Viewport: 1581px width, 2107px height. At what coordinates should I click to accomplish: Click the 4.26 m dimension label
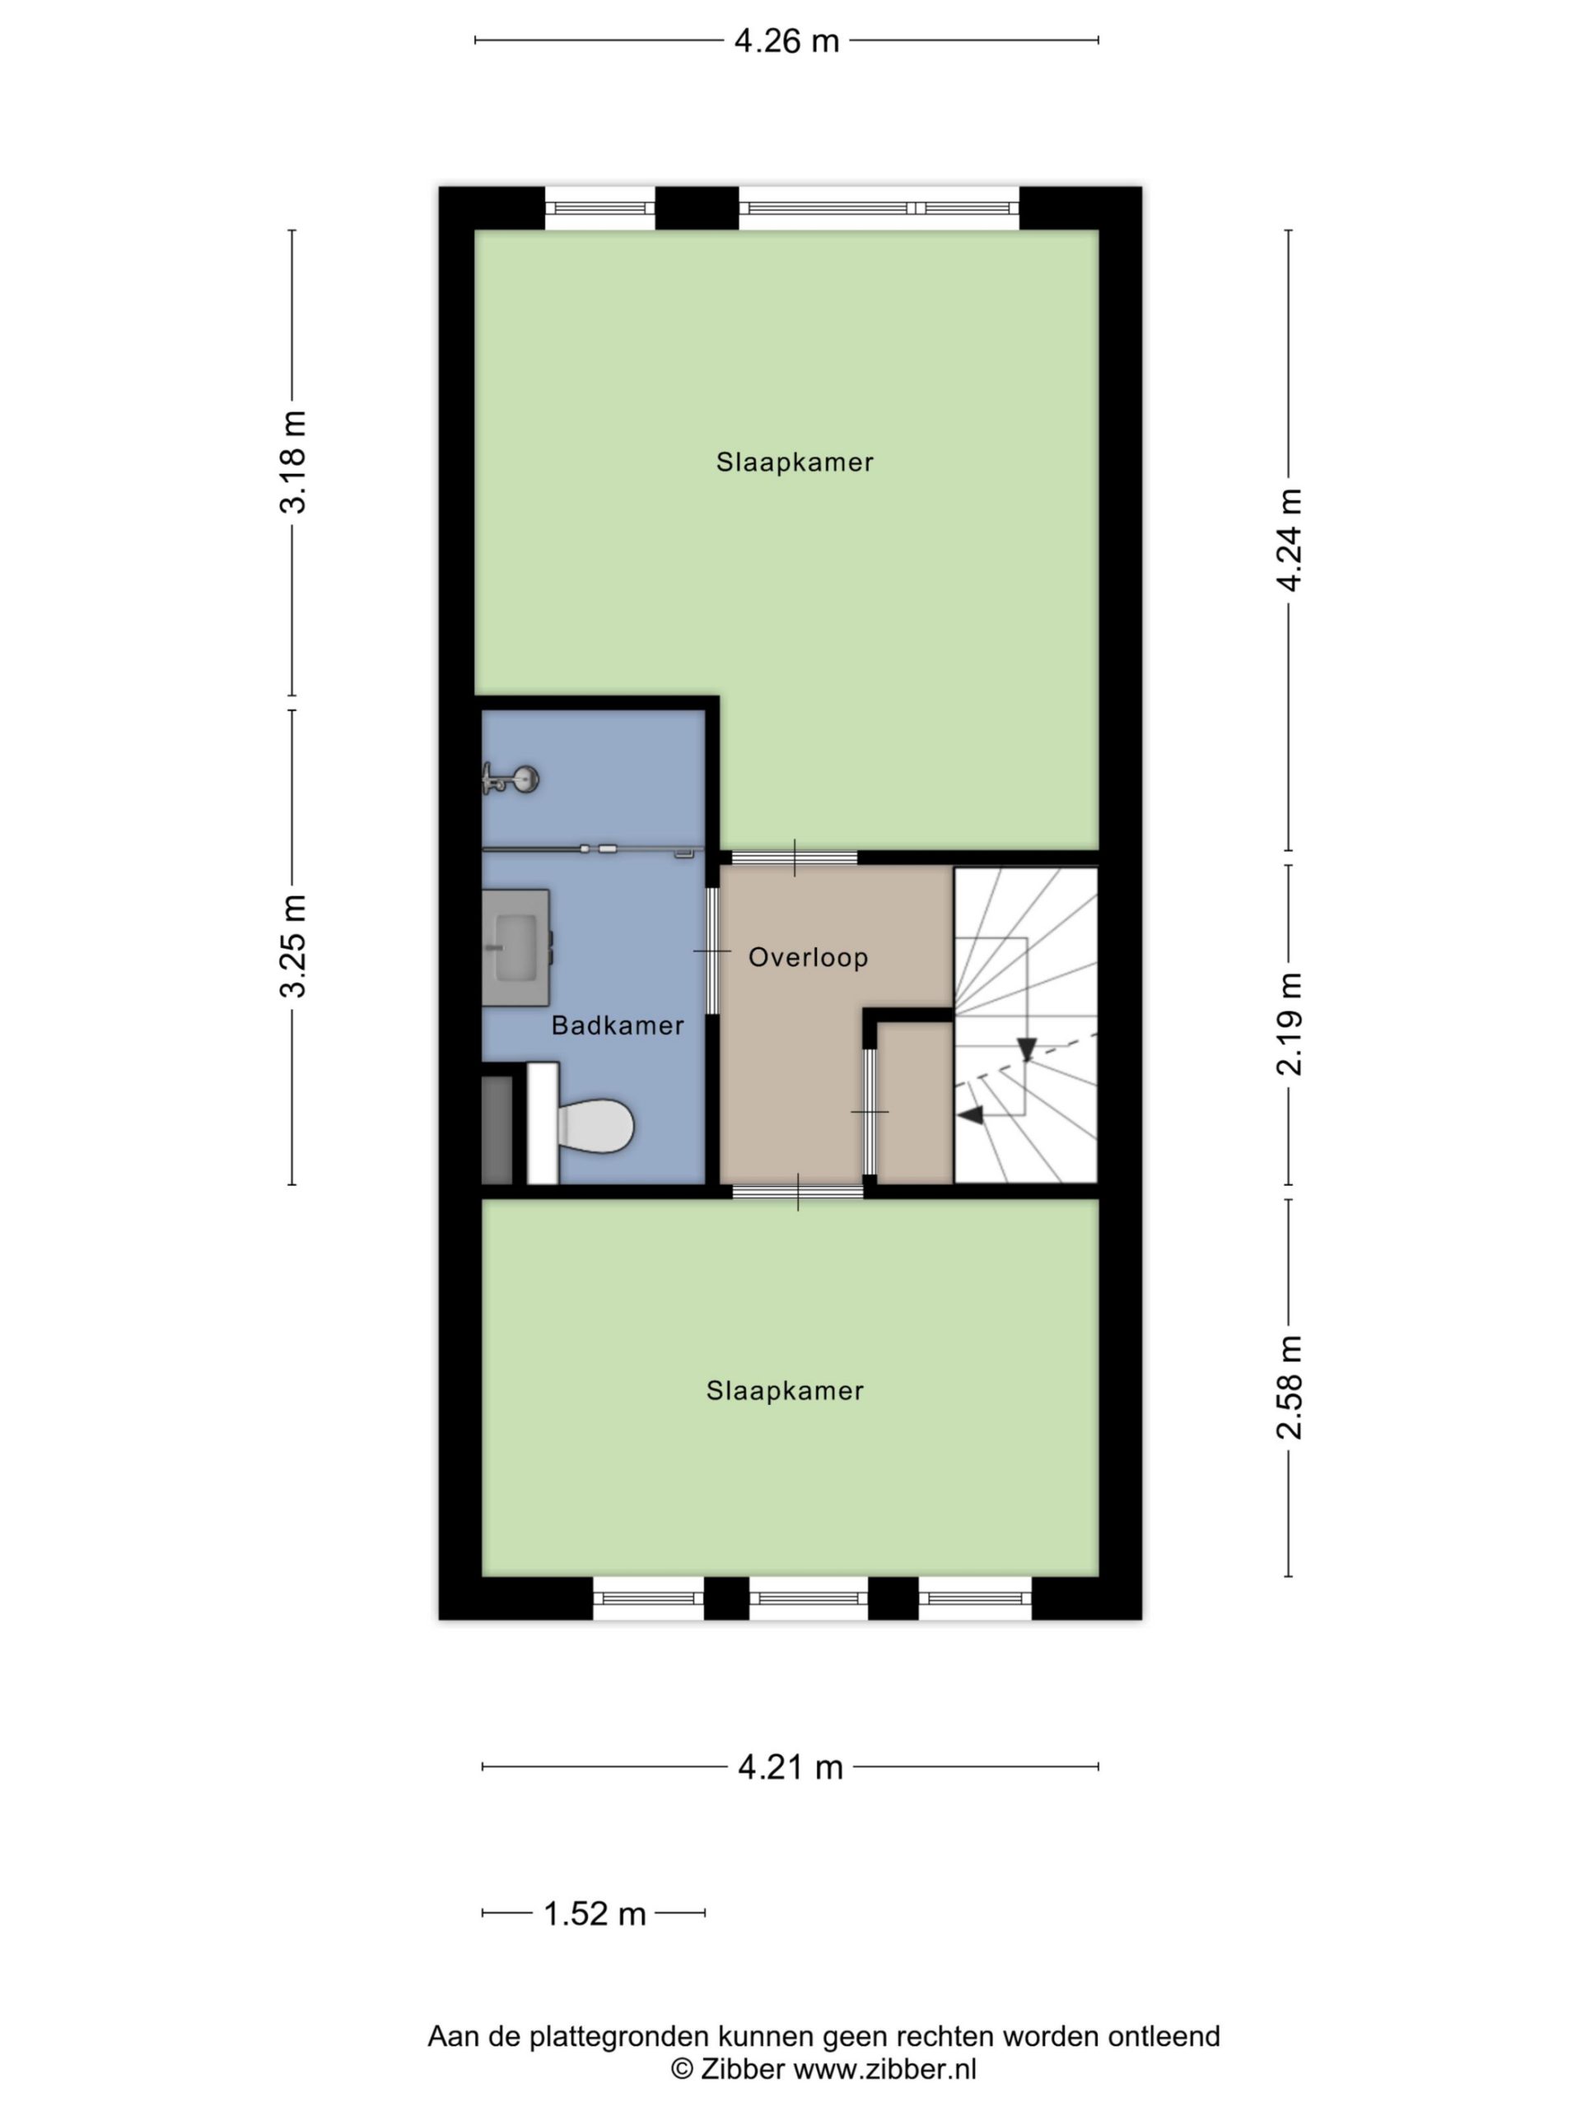[x=786, y=41]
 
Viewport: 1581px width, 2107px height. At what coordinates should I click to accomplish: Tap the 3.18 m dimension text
[x=292, y=462]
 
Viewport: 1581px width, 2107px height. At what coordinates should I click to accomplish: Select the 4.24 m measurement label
[x=1289, y=540]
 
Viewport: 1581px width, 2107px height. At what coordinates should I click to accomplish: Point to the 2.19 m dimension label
[x=1289, y=1024]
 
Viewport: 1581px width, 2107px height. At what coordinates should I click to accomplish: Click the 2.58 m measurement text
[x=1289, y=1387]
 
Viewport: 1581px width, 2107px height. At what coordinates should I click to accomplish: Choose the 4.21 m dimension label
[x=790, y=1767]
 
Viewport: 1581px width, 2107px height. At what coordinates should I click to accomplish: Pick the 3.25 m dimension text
[x=292, y=946]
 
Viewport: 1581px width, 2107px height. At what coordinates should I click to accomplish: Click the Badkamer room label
[x=618, y=1026]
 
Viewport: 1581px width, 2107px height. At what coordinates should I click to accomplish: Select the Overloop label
[x=808, y=957]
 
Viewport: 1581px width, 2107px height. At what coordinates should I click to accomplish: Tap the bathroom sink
[x=515, y=948]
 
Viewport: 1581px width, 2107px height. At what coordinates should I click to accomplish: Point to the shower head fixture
[x=511, y=779]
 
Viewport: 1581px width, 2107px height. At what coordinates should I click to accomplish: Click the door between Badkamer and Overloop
[x=712, y=951]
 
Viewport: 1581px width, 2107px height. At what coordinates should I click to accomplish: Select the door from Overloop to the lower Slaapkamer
[x=798, y=1192]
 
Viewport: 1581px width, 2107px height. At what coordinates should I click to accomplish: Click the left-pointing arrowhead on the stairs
[x=970, y=1115]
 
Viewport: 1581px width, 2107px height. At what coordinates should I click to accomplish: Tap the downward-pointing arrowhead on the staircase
[x=1026, y=1049]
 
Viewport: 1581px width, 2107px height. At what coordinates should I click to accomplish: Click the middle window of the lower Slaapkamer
[x=808, y=1598]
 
